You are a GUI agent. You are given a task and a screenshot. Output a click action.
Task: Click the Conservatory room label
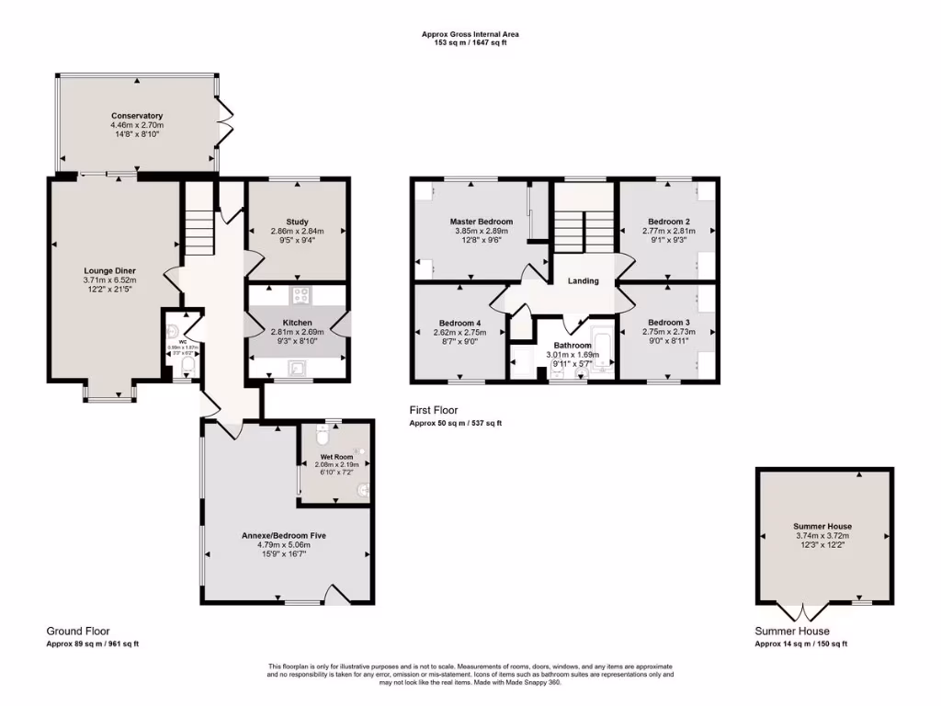(x=136, y=116)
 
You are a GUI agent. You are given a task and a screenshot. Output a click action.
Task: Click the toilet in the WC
(x=187, y=368)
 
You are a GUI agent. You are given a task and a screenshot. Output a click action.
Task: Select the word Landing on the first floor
(x=583, y=281)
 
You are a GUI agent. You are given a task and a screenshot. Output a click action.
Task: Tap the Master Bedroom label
(x=481, y=222)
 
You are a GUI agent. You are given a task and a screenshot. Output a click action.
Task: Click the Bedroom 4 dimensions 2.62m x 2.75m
(x=459, y=332)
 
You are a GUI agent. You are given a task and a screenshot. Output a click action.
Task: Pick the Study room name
(x=296, y=222)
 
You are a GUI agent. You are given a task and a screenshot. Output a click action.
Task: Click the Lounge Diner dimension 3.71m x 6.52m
(x=109, y=280)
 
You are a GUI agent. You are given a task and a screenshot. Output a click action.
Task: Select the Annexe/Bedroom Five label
(x=284, y=535)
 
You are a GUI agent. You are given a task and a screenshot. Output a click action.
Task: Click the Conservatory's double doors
(x=224, y=121)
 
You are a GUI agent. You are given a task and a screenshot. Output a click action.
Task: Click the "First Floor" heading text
(x=434, y=410)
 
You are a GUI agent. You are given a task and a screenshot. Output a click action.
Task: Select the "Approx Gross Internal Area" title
(x=470, y=34)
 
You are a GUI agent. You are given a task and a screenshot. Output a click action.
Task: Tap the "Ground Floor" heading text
(x=78, y=632)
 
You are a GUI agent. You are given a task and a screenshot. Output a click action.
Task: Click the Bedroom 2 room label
(x=668, y=222)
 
